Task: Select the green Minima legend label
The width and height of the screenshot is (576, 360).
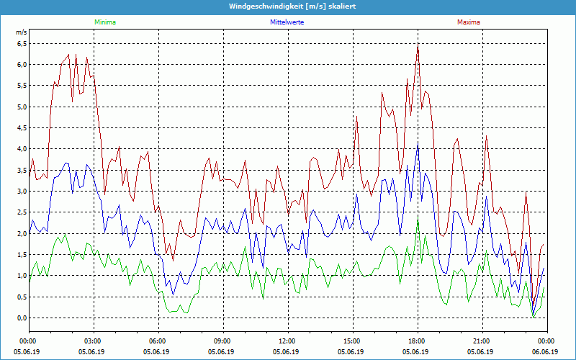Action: pos(104,22)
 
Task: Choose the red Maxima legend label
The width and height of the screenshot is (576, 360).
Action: pos(468,22)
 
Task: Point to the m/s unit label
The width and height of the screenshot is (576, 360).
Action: pos(21,32)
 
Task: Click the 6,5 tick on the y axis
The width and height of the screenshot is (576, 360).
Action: pos(21,43)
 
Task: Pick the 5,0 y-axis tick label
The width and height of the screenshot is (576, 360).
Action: pos(21,107)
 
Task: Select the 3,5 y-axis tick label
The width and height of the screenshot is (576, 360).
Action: pos(21,170)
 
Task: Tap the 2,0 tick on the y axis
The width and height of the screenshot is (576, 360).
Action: pos(21,233)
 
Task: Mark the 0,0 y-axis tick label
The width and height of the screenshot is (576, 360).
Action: pos(21,318)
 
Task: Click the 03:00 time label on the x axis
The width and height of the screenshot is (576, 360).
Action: pos(93,341)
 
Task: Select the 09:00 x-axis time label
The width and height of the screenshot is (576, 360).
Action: pos(222,341)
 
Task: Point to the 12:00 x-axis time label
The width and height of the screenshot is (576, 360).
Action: pos(287,341)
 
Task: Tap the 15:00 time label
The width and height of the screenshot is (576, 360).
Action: pos(352,341)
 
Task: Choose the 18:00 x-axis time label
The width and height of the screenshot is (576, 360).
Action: pos(417,341)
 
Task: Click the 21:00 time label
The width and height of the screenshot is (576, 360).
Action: pos(482,341)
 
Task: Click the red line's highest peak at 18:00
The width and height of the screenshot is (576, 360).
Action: pos(418,45)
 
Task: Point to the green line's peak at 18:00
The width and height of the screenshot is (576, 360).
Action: pos(418,217)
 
